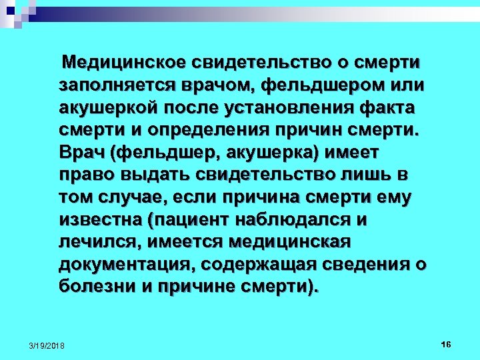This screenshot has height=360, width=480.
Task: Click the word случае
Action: click(x=141, y=197)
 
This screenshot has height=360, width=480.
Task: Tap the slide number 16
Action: click(x=446, y=343)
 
